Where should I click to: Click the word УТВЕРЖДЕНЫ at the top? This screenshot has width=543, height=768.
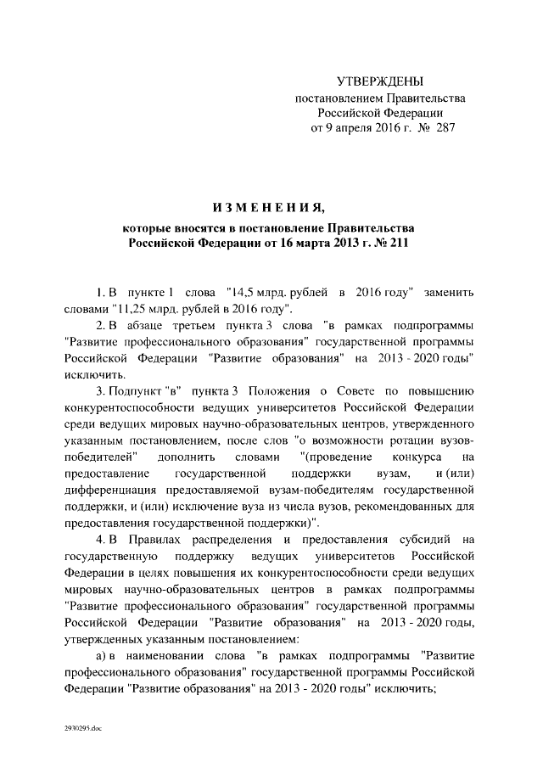(x=379, y=81)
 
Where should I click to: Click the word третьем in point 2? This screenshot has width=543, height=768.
(x=216, y=326)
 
